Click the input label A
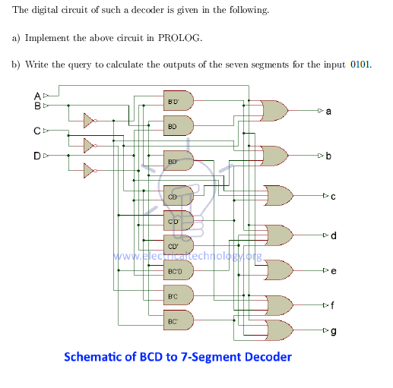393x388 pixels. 37,96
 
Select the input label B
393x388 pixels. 37,105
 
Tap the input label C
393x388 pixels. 37,132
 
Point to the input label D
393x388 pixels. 37,156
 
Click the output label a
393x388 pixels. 328,112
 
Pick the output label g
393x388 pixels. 332,331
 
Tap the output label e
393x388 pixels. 332,270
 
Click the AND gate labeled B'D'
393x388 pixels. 178,101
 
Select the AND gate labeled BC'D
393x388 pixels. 178,271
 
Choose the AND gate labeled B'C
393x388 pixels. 178,295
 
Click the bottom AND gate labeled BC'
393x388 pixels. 178,320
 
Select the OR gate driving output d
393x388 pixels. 278,235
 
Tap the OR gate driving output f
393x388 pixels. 278,305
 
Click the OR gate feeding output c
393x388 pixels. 278,196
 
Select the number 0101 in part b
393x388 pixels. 361,64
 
